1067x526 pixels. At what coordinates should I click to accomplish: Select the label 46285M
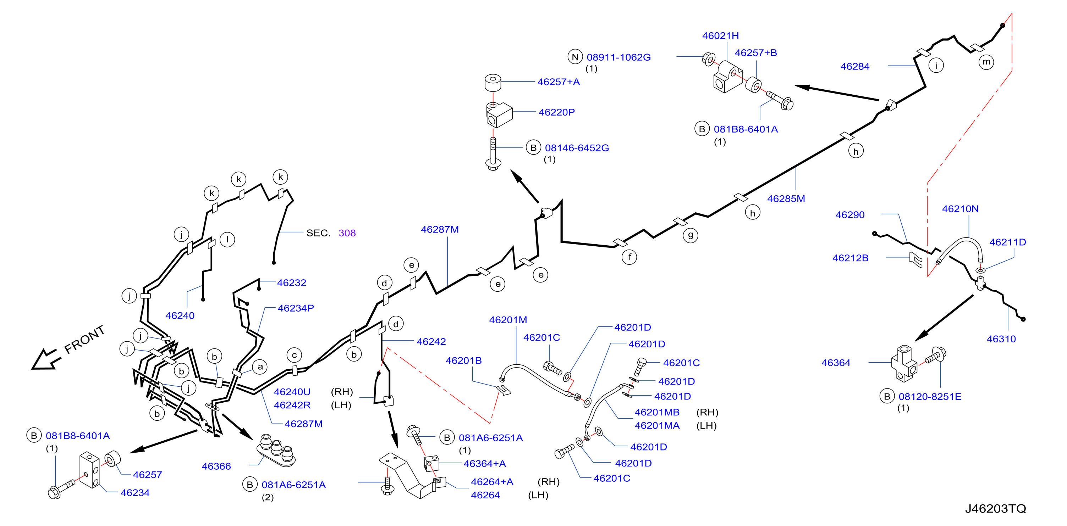coord(786,198)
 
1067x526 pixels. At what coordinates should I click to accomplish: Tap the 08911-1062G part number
coord(618,57)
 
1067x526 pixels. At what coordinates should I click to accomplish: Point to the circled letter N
coord(575,57)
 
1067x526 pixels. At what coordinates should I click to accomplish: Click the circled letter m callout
coord(986,62)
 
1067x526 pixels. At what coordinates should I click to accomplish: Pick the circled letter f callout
coord(629,257)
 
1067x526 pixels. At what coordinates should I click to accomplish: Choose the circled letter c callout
coord(294,355)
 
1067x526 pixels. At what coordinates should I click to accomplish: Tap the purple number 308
coord(347,233)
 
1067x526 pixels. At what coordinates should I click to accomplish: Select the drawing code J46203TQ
coord(995,509)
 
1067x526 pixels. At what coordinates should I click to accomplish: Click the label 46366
coord(216,466)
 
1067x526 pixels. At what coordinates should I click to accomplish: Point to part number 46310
coord(1001,339)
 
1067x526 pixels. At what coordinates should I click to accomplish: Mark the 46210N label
coord(960,209)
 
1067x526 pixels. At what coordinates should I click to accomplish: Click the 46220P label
coord(556,112)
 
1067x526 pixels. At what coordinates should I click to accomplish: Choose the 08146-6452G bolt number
coord(577,148)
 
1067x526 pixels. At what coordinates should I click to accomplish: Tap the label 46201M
coord(508,320)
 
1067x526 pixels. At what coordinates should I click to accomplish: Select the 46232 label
coord(292,282)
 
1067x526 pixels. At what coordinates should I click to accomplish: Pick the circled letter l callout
coord(227,240)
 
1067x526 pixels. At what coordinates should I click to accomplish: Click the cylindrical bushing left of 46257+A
coord(493,82)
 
